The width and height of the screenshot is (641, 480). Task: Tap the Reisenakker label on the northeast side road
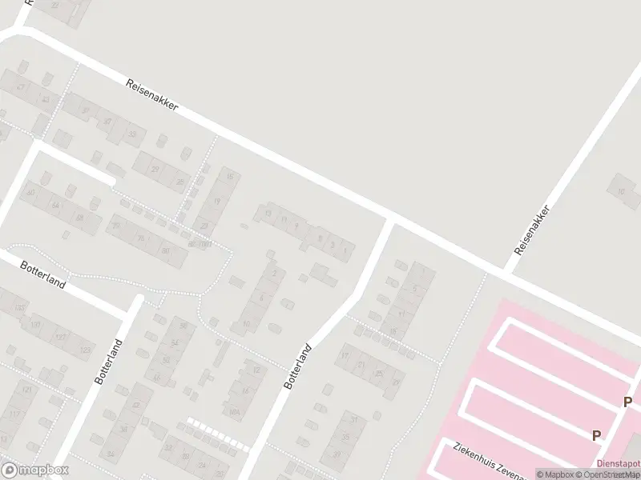coord(532,230)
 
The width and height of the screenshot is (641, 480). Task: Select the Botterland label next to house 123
coord(108,362)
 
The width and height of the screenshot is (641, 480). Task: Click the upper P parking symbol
coord(628,402)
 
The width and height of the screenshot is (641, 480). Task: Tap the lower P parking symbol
coord(596,435)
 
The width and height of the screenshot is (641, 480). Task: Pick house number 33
coord(132,134)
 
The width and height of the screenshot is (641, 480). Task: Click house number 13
coord(267,214)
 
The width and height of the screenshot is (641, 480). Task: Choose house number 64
coord(55,206)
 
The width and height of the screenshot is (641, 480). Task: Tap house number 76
coord(140,238)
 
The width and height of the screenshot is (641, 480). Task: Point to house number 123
coord(85,350)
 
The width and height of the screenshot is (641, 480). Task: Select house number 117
coord(14,414)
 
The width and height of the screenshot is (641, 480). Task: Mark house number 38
coord(123,429)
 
